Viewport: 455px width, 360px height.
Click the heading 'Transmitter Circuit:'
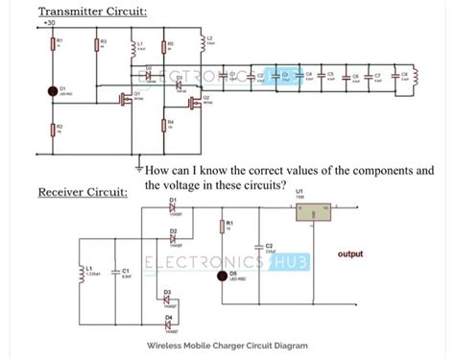pyautogui.click(x=92, y=12)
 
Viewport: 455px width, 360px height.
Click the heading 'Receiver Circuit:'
pyautogui.click(x=82, y=193)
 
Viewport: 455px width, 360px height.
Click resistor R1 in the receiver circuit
pyautogui.click(x=222, y=227)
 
